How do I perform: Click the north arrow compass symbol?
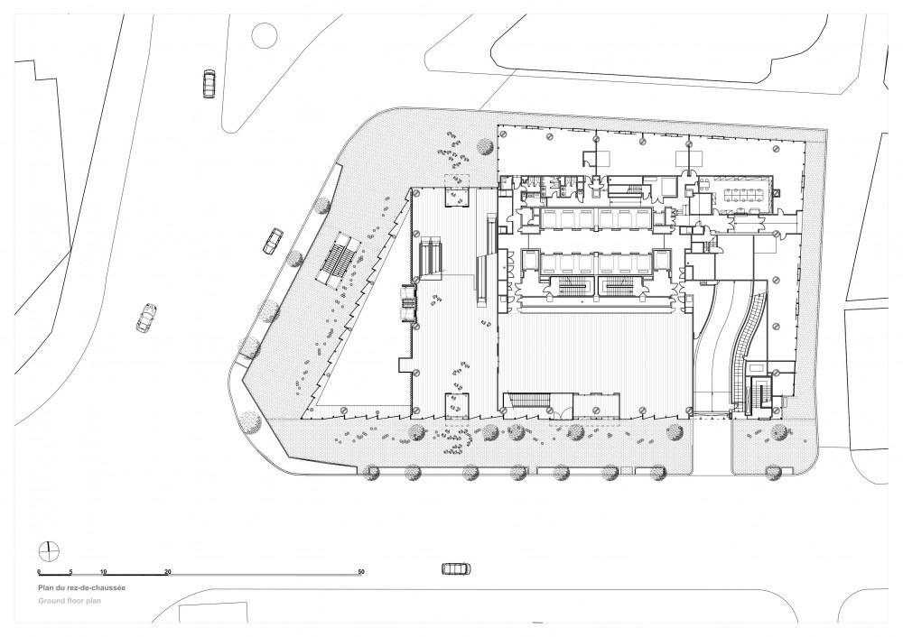tap(49, 550)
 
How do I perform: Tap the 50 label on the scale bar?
tap(361, 572)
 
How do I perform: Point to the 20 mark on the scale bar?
tap(168, 572)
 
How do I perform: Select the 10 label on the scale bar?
tap(104, 572)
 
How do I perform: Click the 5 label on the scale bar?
tap(70, 572)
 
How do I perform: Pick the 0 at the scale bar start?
tap(39, 572)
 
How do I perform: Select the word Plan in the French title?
tap(45, 588)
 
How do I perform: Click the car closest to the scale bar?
tap(456, 568)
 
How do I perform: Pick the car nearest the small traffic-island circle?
tap(209, 84)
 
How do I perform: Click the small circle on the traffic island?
tap(265, 34)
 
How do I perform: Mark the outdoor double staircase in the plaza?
tap(340, 261)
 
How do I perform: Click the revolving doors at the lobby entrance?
tap(408, 303)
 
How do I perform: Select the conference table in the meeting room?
tap(747, 193)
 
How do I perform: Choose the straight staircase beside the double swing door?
tap(527, 400)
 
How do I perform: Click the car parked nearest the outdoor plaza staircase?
tap(274, 241)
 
